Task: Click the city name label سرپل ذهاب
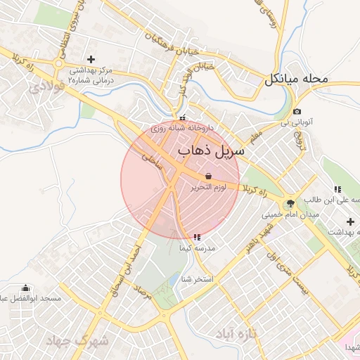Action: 210,151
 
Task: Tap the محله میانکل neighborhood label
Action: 296,79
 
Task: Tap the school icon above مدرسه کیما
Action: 195,237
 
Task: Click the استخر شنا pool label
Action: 197,279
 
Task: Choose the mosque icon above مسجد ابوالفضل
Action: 26,288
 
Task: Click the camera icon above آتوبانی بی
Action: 297,112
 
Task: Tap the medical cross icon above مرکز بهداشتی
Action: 90,59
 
